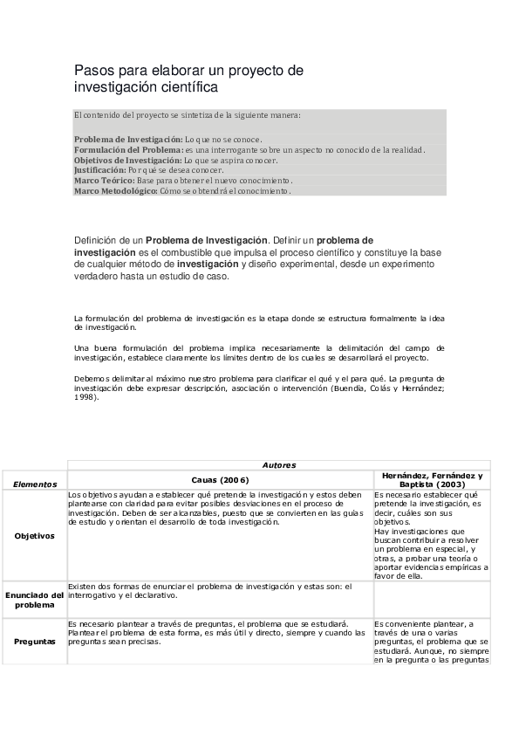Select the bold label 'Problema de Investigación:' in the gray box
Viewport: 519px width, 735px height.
click(128, 139)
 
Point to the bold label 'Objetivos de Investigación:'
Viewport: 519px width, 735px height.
click(128, 160)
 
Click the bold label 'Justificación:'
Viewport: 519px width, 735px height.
click(100, 170)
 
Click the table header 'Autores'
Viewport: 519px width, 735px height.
click(279, 465)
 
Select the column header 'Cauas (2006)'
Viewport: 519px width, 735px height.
click(221, 480)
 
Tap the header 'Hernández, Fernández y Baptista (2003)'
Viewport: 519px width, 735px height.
click(432, 479)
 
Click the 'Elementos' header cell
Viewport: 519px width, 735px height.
click(35, 484)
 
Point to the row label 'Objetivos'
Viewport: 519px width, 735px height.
click(35, 536)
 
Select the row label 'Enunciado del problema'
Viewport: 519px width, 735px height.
click(35, 599)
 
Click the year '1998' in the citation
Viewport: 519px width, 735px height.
click(85, 396)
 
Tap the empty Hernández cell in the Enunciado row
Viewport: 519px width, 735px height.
click(432, 599)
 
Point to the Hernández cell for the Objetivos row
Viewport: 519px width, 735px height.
click(432, 534)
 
